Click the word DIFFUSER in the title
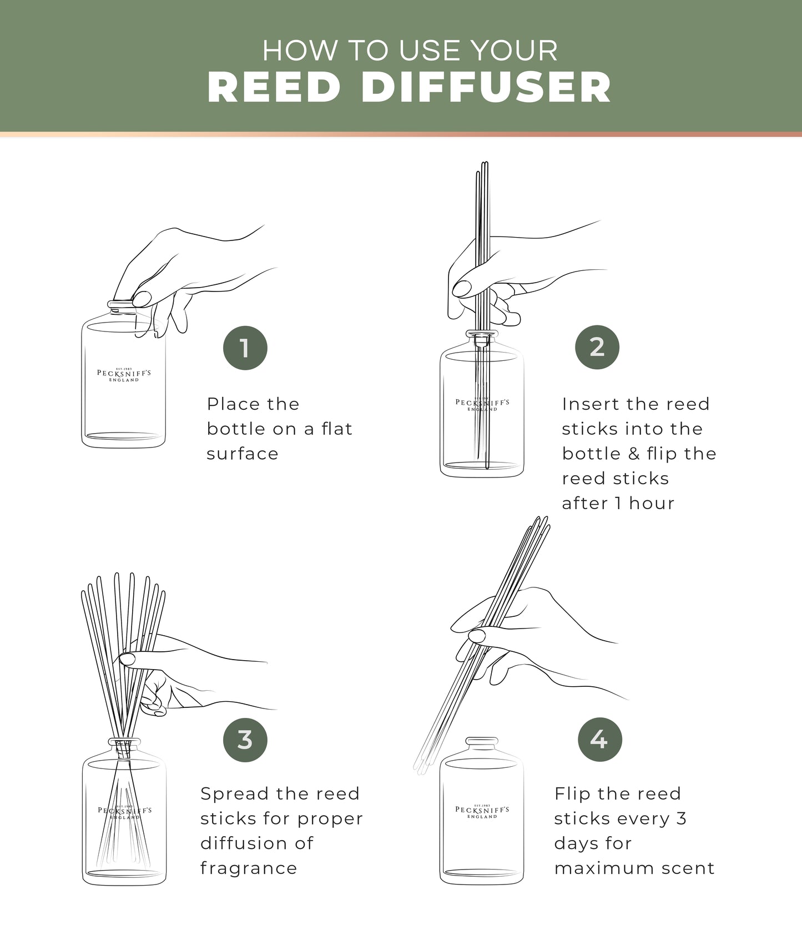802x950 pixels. pos(486,87)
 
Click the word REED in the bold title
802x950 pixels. pos(274,87)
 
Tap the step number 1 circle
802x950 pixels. pos(245,348)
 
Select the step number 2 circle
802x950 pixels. pos(597,348)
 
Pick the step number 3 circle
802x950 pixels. pos(245,740)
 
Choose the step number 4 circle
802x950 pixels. pos(599,740)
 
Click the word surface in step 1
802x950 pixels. pos(243,454)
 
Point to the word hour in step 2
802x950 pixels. pos(652,503)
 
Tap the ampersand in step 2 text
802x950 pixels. pos(634,454)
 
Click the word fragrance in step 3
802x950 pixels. pos(249,868)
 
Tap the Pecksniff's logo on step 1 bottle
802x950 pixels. pos(124,375)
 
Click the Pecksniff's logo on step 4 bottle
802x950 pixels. pos(482,811)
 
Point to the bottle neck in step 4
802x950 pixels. pos(482,742)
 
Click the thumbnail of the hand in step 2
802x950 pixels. pos(462,289)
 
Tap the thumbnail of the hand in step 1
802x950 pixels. pos(142,299)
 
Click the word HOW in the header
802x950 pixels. pos(299,51)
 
